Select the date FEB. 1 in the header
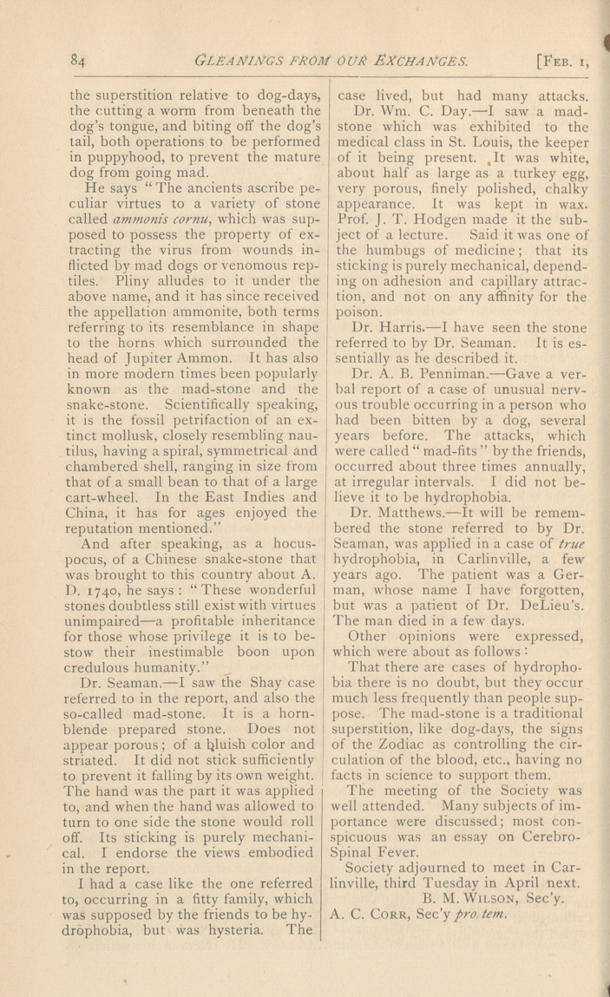(568, 61)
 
